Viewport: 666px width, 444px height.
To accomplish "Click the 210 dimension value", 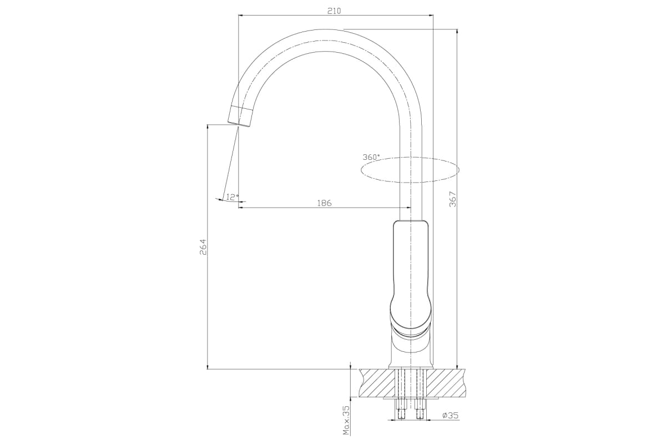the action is tap(334, 11).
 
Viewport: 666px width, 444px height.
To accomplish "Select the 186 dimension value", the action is tap(324, 203).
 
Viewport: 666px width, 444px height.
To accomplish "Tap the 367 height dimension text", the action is tap(452, 199).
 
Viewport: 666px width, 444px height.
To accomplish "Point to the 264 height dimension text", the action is tap(203, 247).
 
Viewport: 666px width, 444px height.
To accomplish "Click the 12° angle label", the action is tap(233, 197).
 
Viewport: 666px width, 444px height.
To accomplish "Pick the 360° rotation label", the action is tap(371, 157).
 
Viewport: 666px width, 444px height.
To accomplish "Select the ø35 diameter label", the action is tap(451, 415).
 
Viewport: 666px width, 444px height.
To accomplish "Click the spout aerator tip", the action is tap(240, 117).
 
